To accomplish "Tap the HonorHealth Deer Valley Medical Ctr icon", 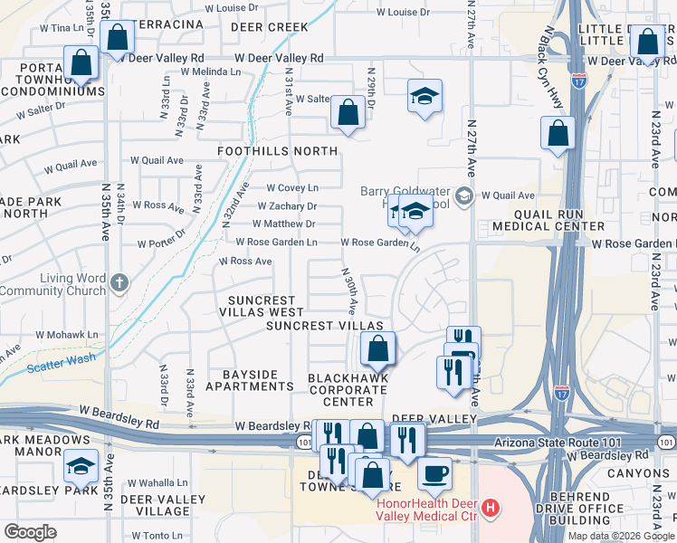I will coord(491,508).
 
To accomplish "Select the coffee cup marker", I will coord(434,473).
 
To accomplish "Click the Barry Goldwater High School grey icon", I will coord(463,195).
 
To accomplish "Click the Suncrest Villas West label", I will coord(262,306).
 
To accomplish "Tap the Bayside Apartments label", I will coord(249,380).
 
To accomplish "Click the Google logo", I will coord(30,532).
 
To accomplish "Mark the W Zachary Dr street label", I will coord(286,206).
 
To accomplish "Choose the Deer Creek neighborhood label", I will coord(263,27).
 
